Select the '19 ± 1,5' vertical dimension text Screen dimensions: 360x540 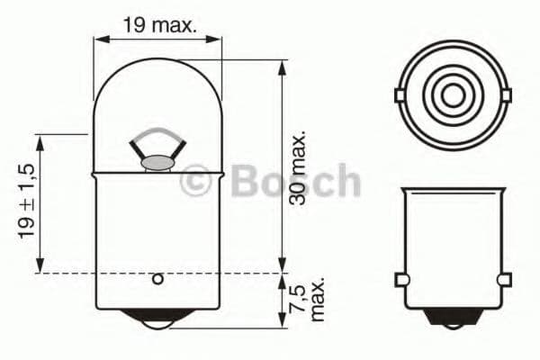[x=26, y=202]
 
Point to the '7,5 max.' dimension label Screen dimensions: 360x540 [x=306, y=297]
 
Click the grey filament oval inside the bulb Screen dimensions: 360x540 [x=157, y=163]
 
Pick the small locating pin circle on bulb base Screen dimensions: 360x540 [x=157, y=279]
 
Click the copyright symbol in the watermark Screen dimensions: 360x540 [x=196, y=181]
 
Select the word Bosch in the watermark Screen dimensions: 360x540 [x=295, y=180]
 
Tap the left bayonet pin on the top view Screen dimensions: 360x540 [x=400, y=94]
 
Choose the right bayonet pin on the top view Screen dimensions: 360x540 [x=505, y=94]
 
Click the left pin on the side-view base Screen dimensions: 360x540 [x=402, y=279]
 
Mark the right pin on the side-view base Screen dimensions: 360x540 [x=503, y=279]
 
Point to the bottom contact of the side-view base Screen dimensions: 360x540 [x=453, y=315]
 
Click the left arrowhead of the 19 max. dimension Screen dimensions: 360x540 [x=100, y=40]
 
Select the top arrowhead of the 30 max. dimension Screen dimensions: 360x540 [x=283, y=66]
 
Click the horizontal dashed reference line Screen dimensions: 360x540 [x=225, y=272]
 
